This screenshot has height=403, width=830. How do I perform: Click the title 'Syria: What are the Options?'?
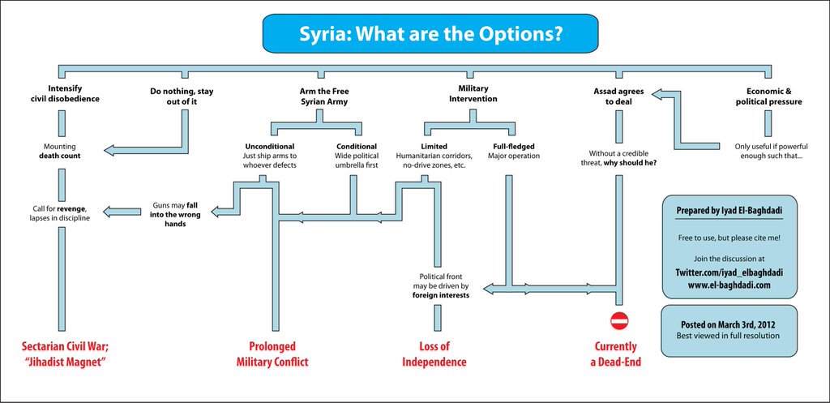[430, 35]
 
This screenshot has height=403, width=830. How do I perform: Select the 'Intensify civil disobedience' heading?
[62, 94]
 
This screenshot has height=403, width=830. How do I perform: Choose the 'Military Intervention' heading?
[473, 94]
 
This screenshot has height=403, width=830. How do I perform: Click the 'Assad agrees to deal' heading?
[618, 96]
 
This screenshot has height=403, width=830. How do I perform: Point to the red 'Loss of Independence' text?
[434, 354]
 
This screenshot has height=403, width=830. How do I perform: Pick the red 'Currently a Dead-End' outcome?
[615, 354]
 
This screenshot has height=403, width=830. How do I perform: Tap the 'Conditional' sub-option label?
[356, 147]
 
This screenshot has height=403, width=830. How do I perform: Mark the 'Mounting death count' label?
[61, 151]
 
